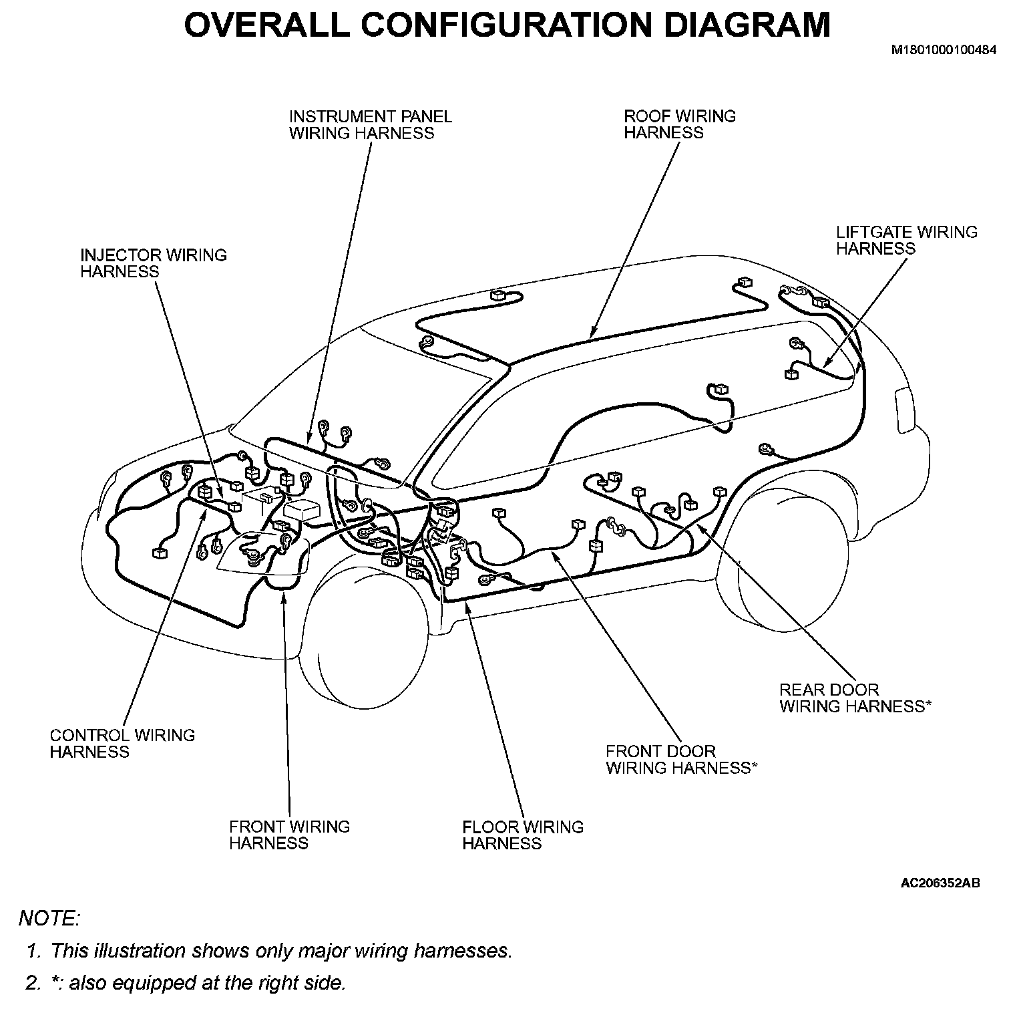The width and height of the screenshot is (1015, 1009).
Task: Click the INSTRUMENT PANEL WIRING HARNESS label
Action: pos(370,125)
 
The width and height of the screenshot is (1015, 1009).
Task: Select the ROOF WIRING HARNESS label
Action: pos(679,124)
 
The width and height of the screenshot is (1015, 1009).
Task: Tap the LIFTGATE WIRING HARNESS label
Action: pos(906,241)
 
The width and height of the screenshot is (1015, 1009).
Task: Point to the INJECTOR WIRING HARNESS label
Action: pos(153,263)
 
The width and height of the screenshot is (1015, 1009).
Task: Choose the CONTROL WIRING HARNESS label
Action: pos(122,744)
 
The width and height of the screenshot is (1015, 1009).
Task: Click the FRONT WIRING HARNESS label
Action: pos(288,835)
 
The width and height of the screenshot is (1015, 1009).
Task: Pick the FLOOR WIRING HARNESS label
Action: pos(522,835)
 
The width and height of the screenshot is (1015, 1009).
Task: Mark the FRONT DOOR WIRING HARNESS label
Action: pos(681,760)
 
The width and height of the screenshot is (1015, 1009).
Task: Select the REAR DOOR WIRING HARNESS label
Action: pos(855,698)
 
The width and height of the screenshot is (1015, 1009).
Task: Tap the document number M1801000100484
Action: pos(944,50)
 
